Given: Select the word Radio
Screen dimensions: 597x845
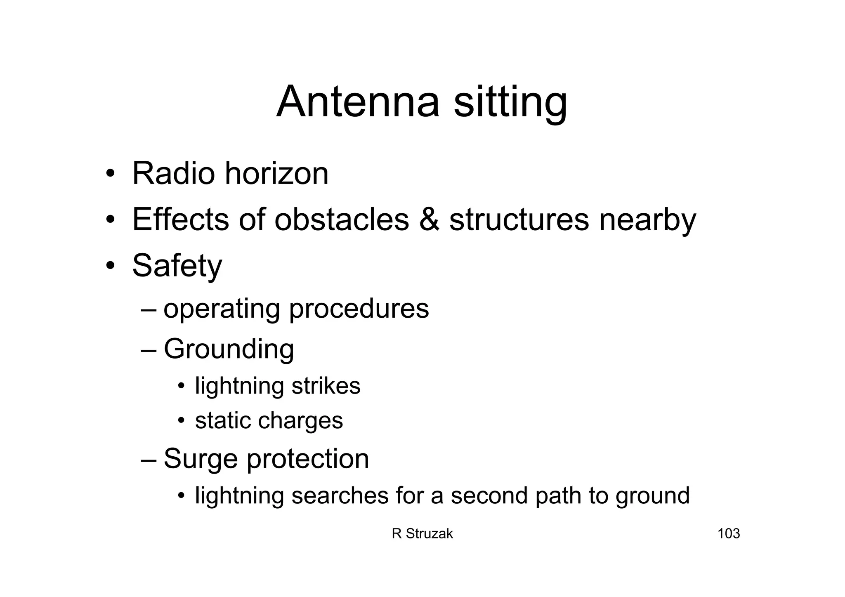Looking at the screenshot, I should pyautogui.click(x=174, y=173).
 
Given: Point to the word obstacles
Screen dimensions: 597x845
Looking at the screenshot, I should pyautogui.click(x=342, y=219).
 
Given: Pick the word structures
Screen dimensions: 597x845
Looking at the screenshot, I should pyautogui.click(x=519, y=219).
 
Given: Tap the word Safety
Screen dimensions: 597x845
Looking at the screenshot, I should pyautogui.click(x=177, y=266).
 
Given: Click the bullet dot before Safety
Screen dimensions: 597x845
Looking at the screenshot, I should pyautogui.click(x=110, y=266).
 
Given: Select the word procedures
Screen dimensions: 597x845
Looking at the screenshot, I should pyautogui.click(x=359, y=309).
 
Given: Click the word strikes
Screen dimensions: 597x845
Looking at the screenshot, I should pyautogui.click(x=326, y=386).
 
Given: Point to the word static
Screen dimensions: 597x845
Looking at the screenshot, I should pyautogui.click(x=223, y=421).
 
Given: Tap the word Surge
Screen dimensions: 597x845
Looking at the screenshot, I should pyautogui.click(x=201, y=459).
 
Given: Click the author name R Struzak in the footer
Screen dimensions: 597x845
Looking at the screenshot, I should pyautogui.click(x=422, y=534).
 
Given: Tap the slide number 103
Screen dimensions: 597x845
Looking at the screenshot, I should pyautogui.click(x=729, y=534).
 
